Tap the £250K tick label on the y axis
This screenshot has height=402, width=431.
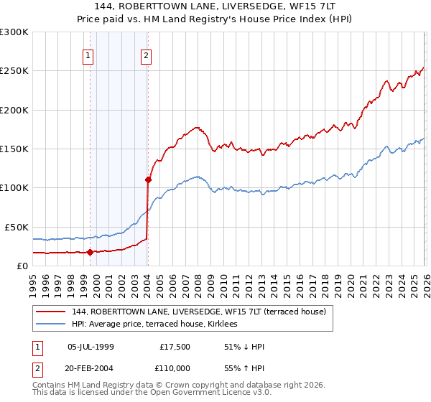point(14,71)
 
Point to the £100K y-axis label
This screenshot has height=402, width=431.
point(14,188)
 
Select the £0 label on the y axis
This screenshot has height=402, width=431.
point(22,266)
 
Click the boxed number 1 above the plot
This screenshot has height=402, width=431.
point(88,55)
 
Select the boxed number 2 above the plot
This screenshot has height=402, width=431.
point(146,55)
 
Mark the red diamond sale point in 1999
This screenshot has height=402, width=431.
point(90,252)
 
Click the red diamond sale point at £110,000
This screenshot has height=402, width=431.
point(148,180)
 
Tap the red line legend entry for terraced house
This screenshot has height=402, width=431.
point(199,312)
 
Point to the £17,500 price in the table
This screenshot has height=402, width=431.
point(175,347)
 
